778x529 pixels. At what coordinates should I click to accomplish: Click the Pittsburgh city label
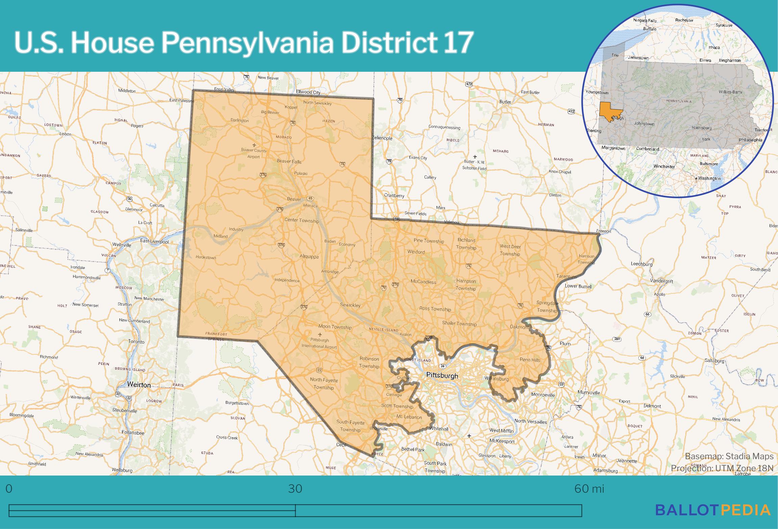click(x=442, y=375)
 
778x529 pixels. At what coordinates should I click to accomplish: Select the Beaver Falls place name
click(x=289, y=161)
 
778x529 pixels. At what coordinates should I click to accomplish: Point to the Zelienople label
click(x=382, y=138)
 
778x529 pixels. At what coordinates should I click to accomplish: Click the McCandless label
click(x=423, y=282)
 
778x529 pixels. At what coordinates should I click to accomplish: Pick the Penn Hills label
click(x=530, y=360)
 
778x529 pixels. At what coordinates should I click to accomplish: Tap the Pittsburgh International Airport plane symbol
click(x=320, y=335)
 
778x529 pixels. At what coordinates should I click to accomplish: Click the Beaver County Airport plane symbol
click(x=254, y=145)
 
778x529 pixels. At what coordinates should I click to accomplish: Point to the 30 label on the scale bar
click(x=295, y=489)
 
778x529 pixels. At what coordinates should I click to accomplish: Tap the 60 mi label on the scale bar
click(x=589, y=489)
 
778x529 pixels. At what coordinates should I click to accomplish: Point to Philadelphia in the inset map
click(x=750, y=140)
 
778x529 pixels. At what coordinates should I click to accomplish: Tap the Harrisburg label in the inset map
click(x=702, y=128)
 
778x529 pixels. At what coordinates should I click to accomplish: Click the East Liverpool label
click(x=154, y=242)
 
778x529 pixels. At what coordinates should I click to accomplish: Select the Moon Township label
click(x=335, y=327)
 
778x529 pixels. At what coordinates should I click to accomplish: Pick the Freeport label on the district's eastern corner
click(x=604, y=231)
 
